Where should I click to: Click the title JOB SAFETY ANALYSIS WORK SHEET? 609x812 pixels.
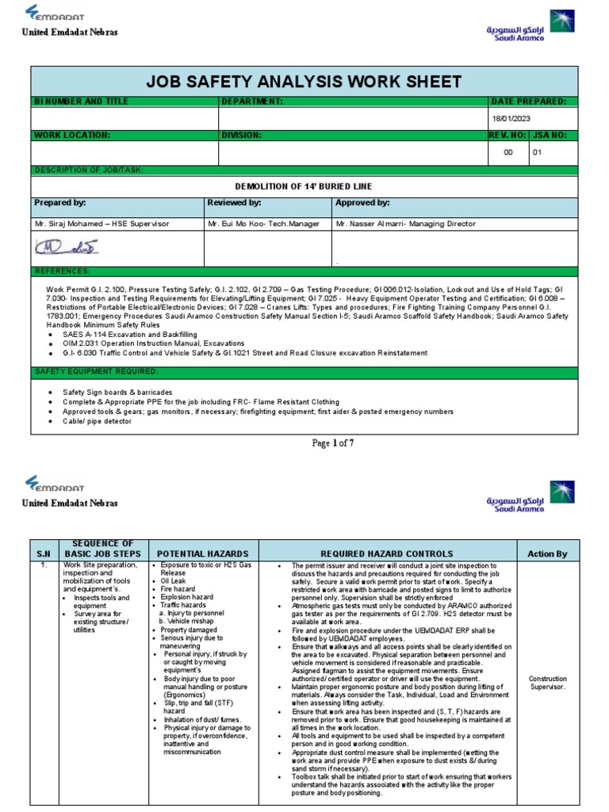pos(304,82)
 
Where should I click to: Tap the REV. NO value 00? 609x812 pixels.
pos(508,152)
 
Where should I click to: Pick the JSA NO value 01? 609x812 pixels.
pos(537,152)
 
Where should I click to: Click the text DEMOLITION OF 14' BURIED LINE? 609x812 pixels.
pos(304,186)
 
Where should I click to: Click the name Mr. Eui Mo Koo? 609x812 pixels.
pos(238,224)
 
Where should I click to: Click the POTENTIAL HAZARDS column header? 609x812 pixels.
pos(202,553)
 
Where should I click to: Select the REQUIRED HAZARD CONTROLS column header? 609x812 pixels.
pos(387,553)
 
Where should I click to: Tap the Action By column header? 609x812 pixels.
pos(547,553)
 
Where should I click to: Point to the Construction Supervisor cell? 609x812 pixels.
pos(547,684)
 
